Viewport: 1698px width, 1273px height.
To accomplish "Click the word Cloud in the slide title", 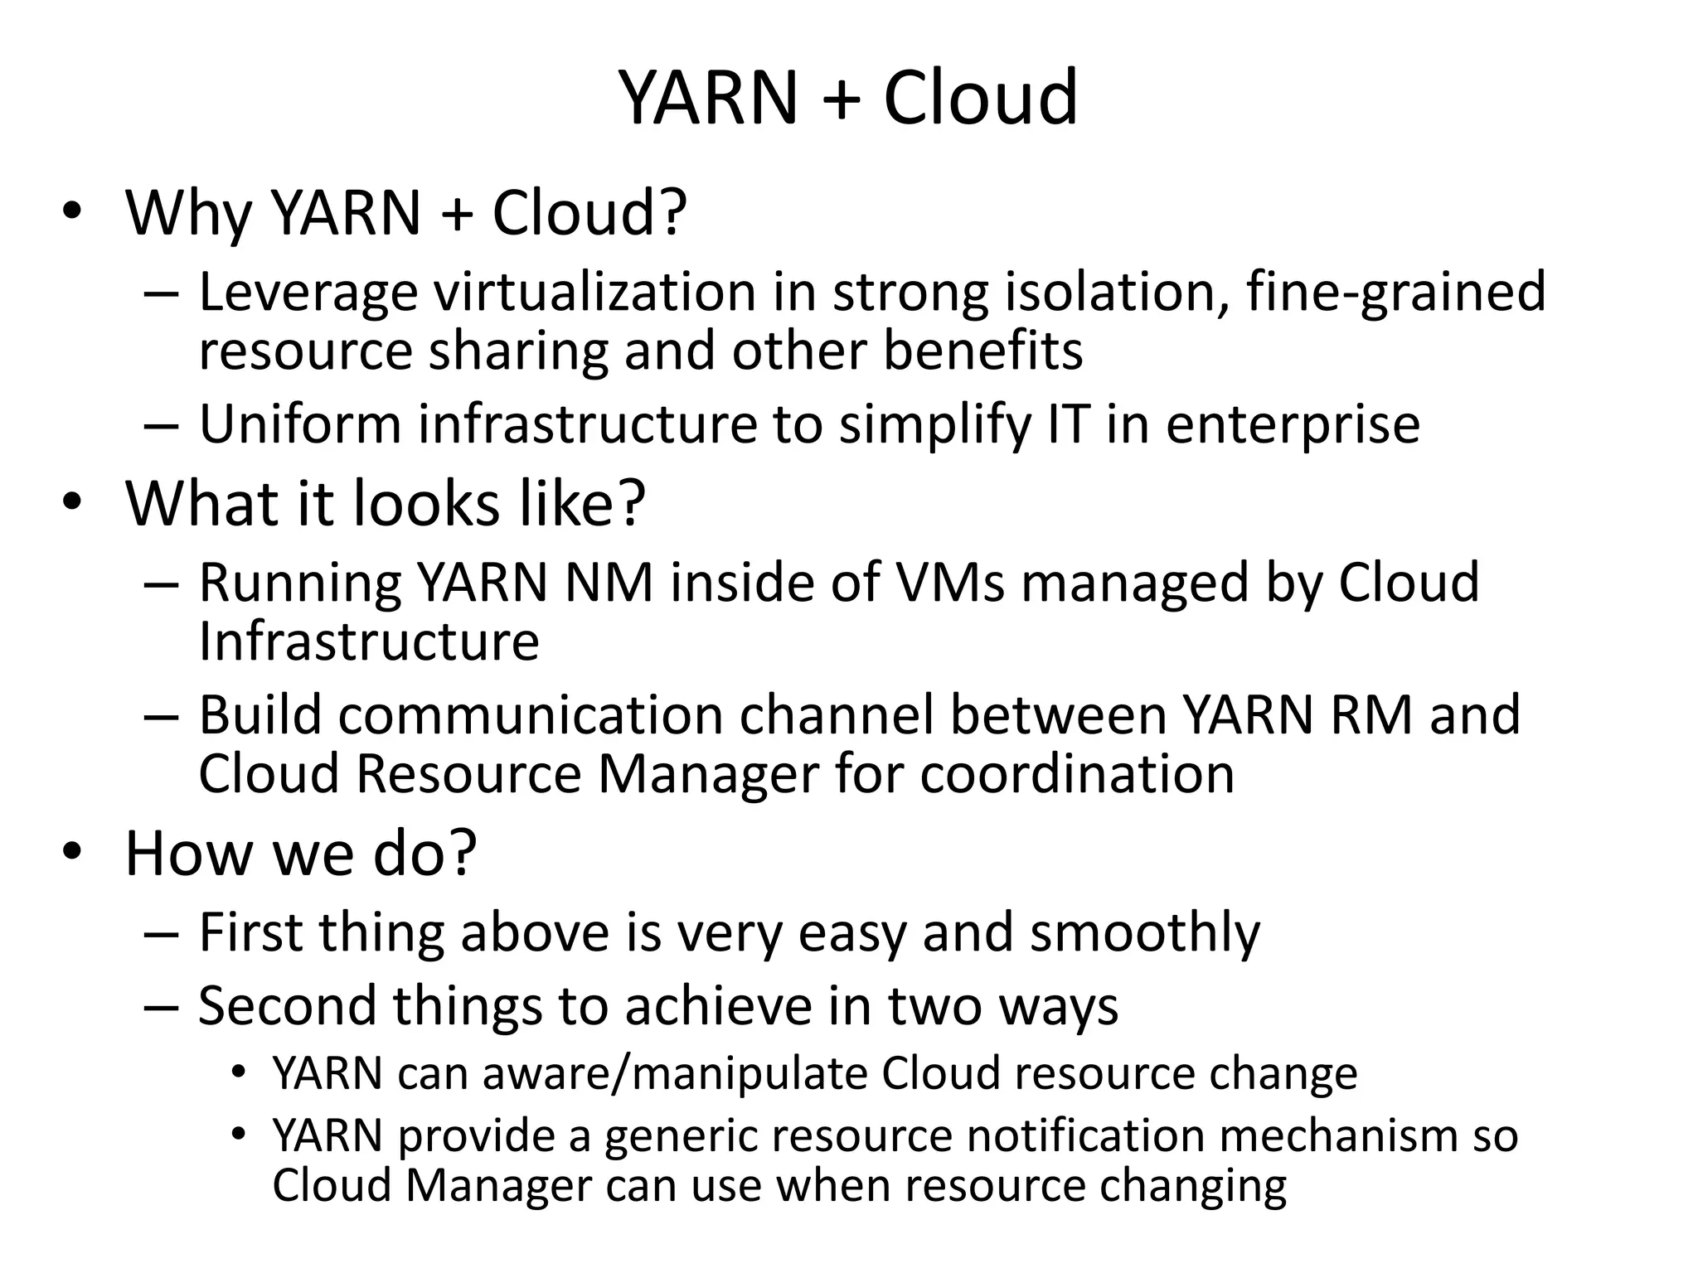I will (980, 98).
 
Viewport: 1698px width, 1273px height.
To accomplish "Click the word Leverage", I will (308, 293).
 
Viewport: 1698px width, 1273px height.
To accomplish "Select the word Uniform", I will (299, 424).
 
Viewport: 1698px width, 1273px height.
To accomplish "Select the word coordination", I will (1077, 774).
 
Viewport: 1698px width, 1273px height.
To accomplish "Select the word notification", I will (1086, 1135).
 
